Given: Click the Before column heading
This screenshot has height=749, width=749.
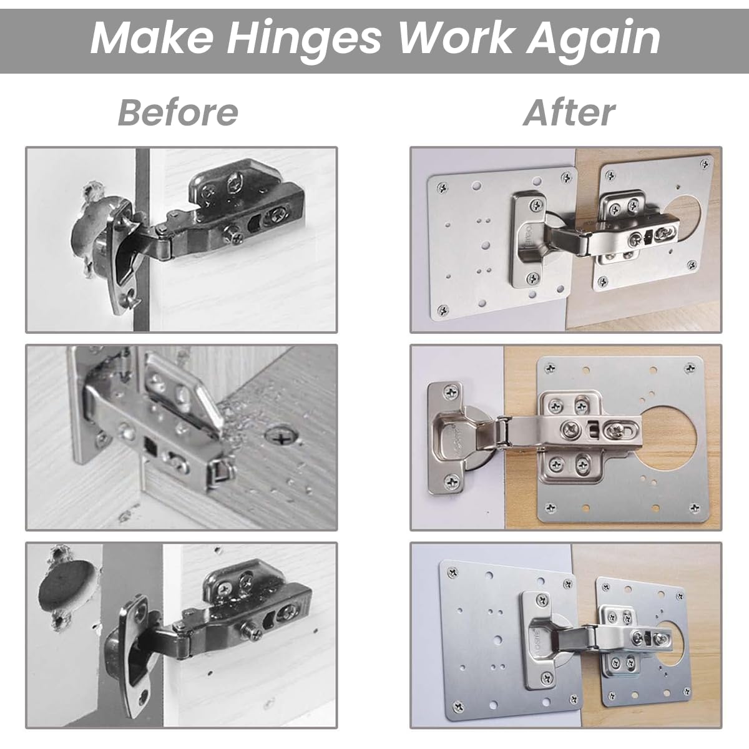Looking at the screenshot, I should coord(178,112).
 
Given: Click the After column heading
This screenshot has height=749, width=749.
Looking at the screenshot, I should coord(569,112).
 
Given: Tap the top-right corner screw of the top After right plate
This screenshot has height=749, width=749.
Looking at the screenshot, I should coord(705,164).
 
